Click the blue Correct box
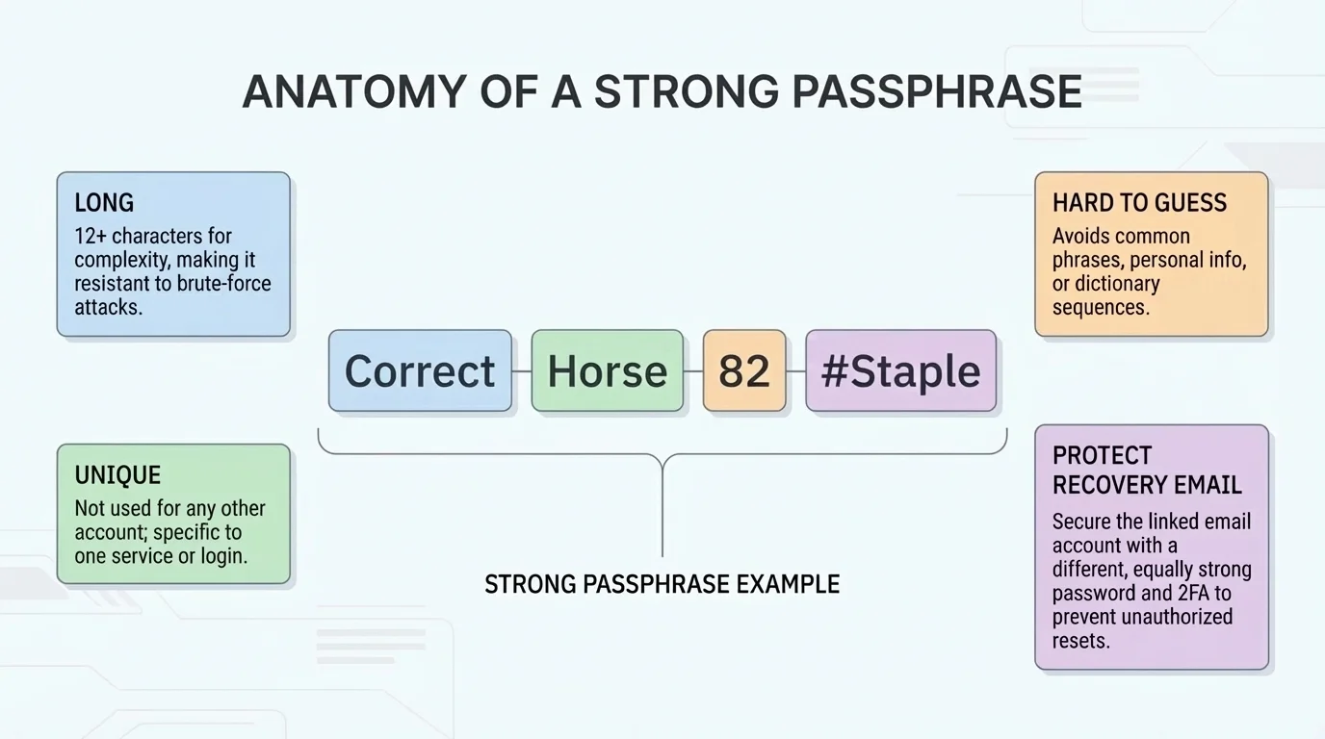tap(420, 371)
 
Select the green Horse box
tap(607, 371)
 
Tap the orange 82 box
tap(744, 371)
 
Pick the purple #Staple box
tap(901, 371)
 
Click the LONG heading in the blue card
tap(104, 203)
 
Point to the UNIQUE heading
tap(117, 475)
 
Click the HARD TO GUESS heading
tap(1139, 203)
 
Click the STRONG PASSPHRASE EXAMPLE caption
tap(662, 584)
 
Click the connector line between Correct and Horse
tap(521, 371)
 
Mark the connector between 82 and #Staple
tap(795, 371)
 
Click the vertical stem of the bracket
tap(662, 510)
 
